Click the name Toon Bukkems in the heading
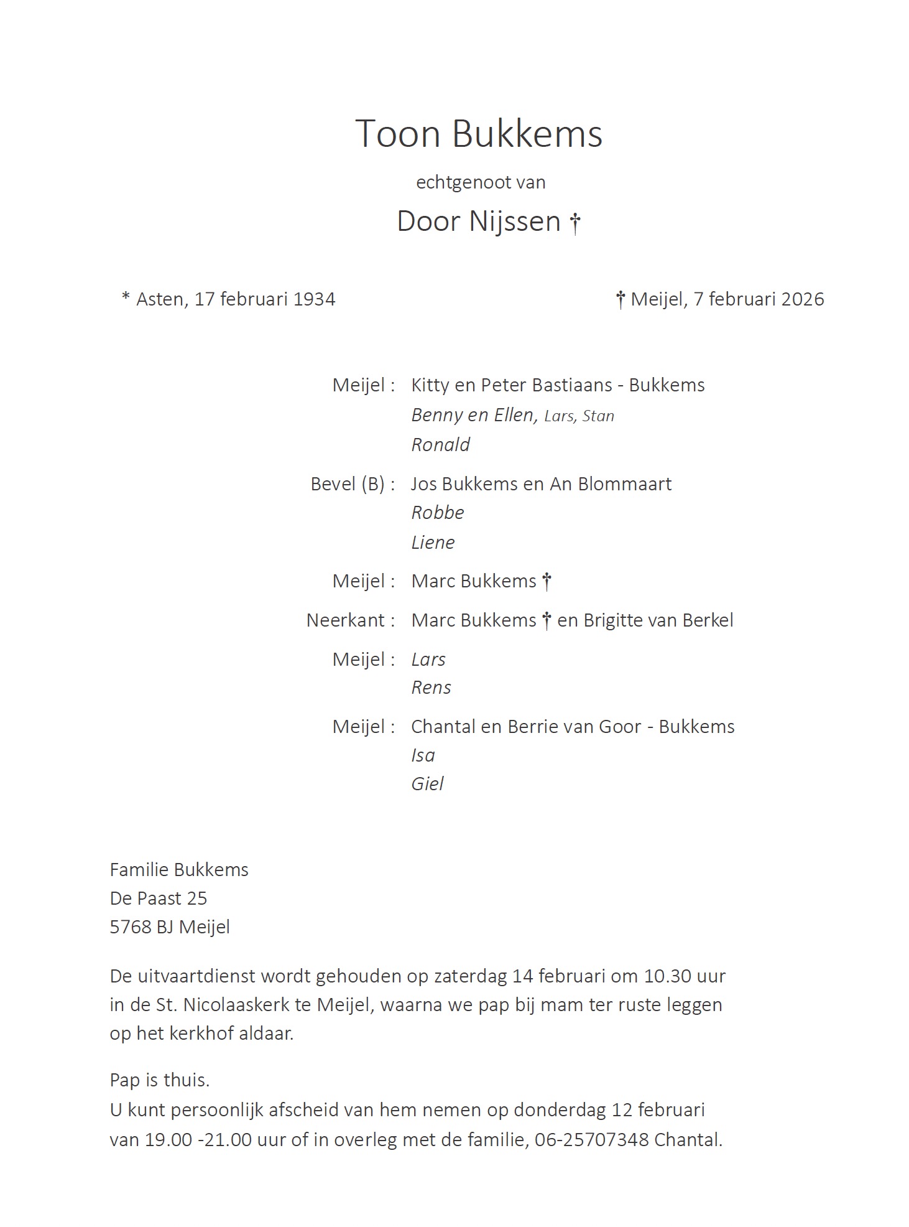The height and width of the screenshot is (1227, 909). (x=478, y=134)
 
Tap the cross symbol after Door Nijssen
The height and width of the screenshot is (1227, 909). (x=575, y=223)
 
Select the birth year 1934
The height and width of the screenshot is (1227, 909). (x=314, y=299)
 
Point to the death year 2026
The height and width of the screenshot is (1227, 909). (x=802, y=299)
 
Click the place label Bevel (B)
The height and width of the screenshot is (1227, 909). (x=348, y=484)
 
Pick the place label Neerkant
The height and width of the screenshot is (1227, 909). (x=346, y=620)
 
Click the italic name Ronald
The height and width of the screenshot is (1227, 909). (x=440, y=445)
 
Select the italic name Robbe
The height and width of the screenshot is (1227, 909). (x=438, y=513)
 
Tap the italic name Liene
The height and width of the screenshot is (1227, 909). (x=433, y=543)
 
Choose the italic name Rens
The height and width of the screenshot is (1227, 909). (x=431, y=688)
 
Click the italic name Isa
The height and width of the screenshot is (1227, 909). (x=423, y=755)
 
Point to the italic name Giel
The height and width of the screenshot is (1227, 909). (x=427, y=784)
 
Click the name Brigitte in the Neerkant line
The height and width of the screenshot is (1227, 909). (x=613, y=620)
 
